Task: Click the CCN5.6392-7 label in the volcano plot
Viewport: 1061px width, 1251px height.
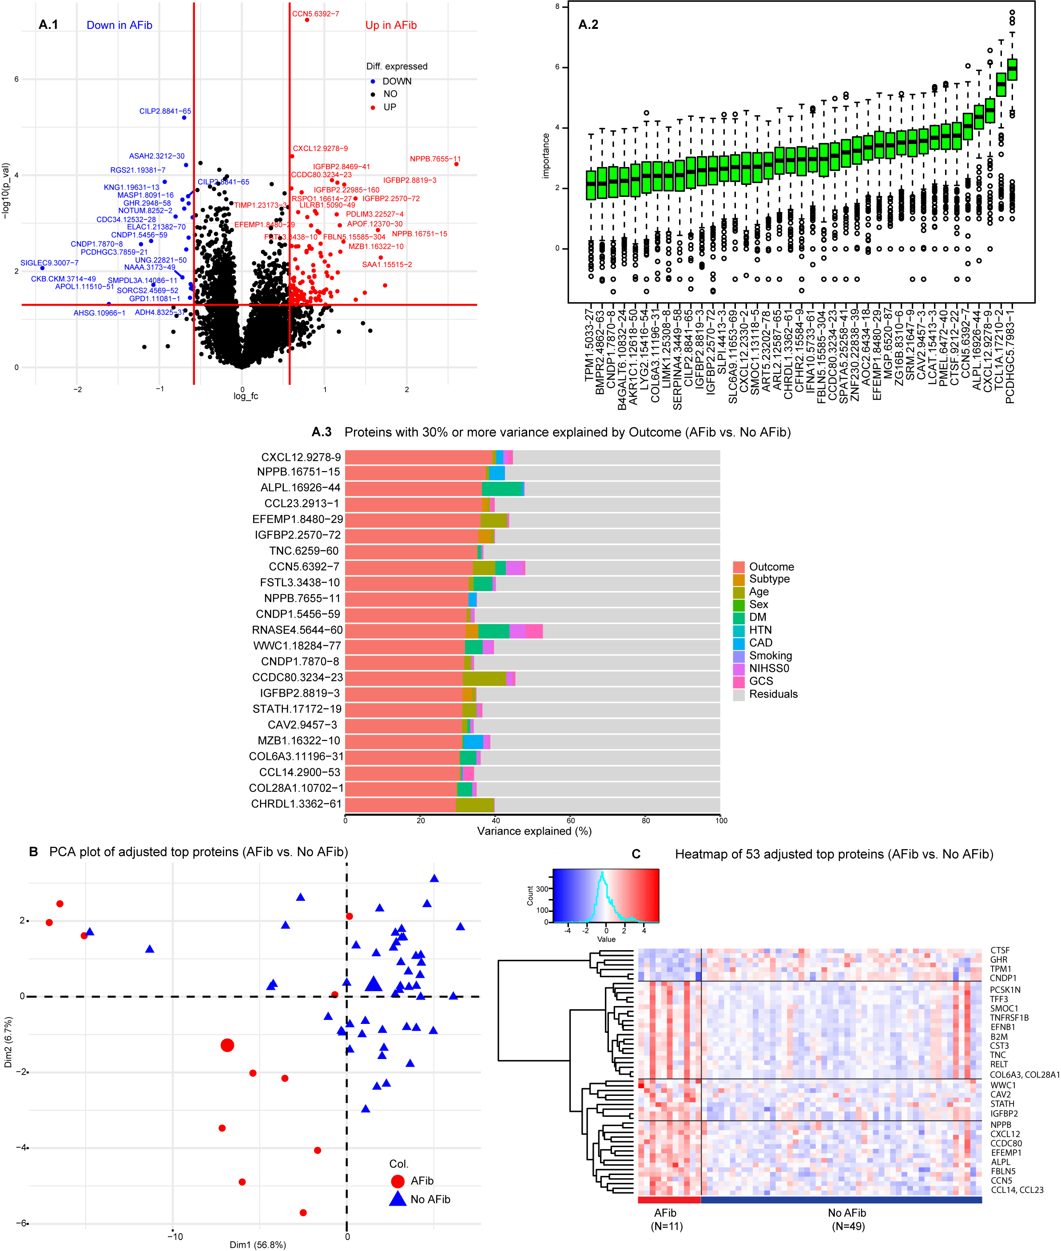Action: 315,14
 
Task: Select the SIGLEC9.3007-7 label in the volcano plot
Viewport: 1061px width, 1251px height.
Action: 49,263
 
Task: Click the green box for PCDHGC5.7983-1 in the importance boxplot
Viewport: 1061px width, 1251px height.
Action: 1012,69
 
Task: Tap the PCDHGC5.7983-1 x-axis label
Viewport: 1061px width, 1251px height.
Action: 1010,355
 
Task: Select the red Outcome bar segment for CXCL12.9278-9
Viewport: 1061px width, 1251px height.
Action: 419,457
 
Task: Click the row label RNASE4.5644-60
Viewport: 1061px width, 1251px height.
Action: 297,630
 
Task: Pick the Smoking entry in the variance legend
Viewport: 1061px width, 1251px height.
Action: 770,655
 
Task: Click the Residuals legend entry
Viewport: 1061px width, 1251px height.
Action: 773,694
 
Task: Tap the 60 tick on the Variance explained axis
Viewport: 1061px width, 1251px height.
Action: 571,820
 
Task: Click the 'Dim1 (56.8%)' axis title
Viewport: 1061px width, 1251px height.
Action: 258,1244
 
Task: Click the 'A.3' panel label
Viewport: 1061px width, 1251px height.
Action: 322,432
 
